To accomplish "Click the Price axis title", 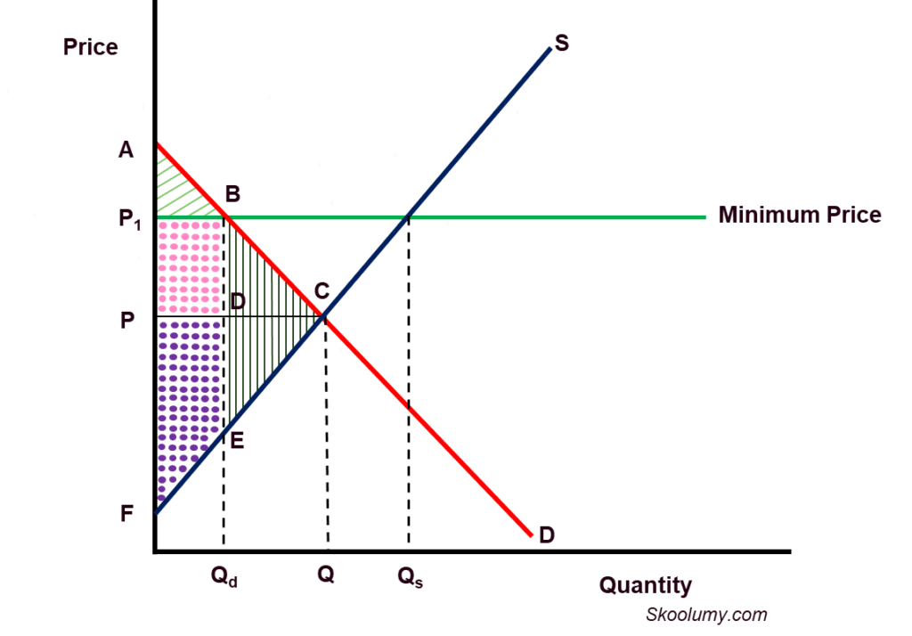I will [x=90, y=46].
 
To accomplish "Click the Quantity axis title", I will [x=645, y=585].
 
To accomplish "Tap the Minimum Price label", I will [x=800, y=215].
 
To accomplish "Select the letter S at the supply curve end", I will [x=561, y=43].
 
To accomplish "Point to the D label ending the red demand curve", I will [x=546, y=534].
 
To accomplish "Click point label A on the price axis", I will [x=126, y=150].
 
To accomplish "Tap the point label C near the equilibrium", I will [x=322, y=290].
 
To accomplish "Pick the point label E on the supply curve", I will [x=236, y=439].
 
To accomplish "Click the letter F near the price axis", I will [x=126, y=514].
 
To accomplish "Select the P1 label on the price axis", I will [x=130, y=218].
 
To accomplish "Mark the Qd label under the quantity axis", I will [x=224, y=576].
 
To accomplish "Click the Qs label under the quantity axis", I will [x=410, y=576].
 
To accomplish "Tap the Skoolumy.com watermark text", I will [x=706, y=615].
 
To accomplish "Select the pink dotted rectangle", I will [x=189, y=265].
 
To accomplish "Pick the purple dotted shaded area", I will [x=187, y=392].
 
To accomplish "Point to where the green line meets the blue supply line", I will [x=409, y=216].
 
